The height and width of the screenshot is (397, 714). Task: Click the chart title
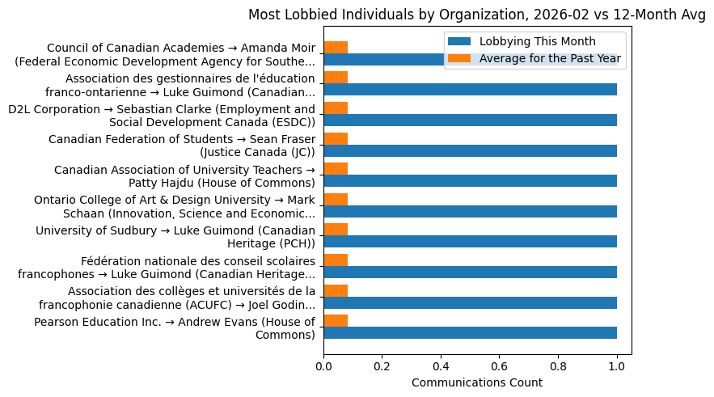(477, 15)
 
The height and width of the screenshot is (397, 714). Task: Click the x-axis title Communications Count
(476, 382)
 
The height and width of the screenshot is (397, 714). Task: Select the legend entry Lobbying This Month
(537, 42)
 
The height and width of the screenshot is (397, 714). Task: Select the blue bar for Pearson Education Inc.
(470, 332)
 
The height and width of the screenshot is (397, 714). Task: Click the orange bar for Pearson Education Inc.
(336, 320)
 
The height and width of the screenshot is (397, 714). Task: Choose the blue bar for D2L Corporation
(470, 120)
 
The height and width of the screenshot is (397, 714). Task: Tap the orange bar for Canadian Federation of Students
(336, 138)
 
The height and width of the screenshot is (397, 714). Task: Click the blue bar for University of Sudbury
(470, 241)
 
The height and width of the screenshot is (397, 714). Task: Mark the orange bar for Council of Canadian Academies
(336, 47)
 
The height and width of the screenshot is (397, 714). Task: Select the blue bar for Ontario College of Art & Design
(470, 211)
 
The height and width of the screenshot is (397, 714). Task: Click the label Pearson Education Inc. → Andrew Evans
(175, 329)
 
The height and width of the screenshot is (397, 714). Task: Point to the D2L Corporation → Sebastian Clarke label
(162, 116)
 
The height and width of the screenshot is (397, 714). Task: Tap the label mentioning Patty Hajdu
(184, 176)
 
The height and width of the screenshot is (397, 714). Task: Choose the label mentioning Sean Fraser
(182, 146)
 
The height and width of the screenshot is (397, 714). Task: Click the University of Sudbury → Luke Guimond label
(175, 237)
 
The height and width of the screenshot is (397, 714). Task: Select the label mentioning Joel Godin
(177, 298)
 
